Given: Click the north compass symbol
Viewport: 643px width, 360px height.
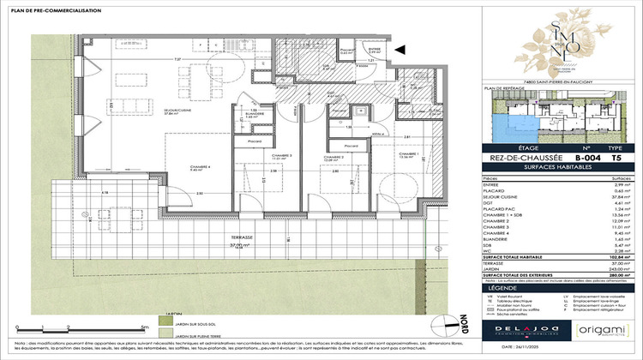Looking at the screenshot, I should point(441,327).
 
